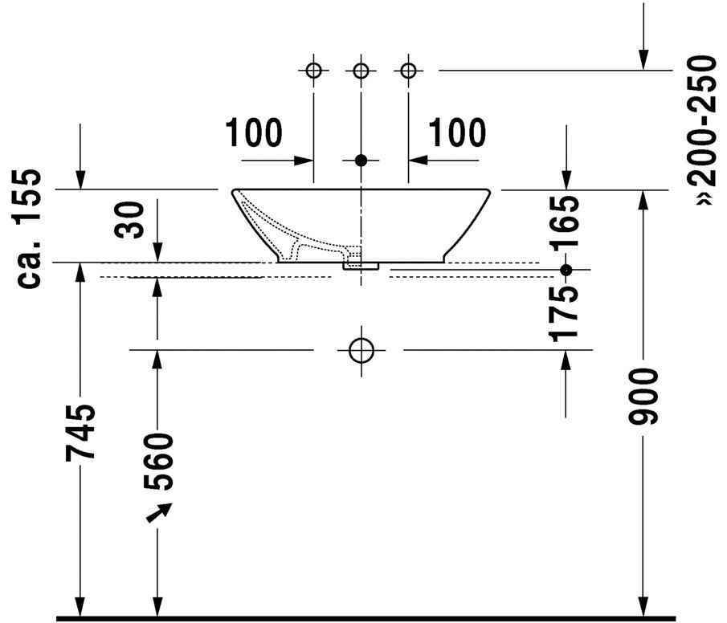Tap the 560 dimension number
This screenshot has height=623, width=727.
(x=157, y=462)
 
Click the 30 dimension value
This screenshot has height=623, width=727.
(x=132, y=219)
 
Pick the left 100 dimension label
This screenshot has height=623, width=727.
(x=254, y=133)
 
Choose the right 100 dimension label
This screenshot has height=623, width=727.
(x=457, y=133)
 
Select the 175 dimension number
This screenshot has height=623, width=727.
(x=566, y=309)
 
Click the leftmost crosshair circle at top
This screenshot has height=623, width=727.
(x=313, y=71)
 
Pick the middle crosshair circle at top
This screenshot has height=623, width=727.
(x=361, y=71)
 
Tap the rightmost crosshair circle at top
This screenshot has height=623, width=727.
(x=409, y=71)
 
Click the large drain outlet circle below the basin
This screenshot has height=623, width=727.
(x=361, y=350)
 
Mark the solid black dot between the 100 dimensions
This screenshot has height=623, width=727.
(x=361, y=161)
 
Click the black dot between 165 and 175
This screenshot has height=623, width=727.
(x=566, y=269)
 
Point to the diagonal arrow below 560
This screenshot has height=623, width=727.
(x=159, y=511)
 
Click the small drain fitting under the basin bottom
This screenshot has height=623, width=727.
(x=361, y=264)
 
